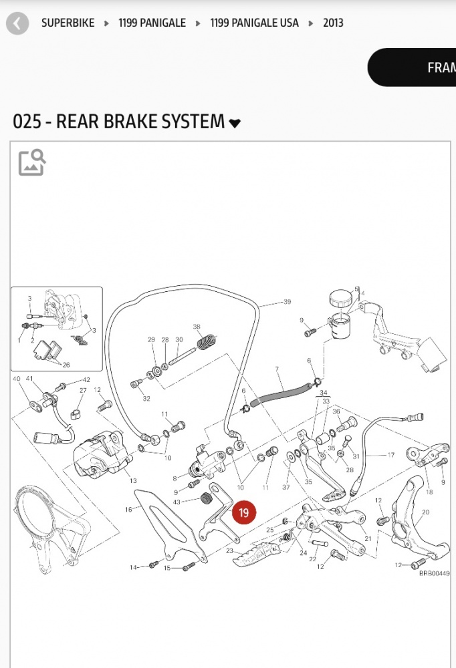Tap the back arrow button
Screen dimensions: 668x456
coord(17,24)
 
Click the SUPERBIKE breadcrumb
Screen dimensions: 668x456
coord(68,23)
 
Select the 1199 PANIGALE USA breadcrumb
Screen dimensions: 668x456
coord(254,23)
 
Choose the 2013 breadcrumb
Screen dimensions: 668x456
coord(333,23)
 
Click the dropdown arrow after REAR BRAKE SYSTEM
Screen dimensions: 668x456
coord(235,123)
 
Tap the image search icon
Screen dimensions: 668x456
coord(32,162)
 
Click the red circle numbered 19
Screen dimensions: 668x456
coord(243,513)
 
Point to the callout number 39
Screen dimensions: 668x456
coord(287,302)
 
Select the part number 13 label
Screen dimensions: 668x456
coord(133,481)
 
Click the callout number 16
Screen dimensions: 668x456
coord(128,509)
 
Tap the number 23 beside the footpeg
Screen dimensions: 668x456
coord(229,551)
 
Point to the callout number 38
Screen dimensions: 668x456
coord(197,327)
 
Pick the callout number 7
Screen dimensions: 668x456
coord(277,369)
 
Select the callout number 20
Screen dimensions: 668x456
coord(426,512)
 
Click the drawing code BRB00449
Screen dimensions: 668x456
coord(435,572)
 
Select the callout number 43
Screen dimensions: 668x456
coord(177,502)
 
